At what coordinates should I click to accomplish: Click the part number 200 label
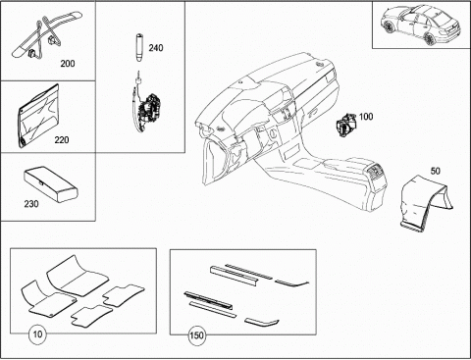68,63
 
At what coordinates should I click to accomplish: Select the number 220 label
62,140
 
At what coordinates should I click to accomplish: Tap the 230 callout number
31,204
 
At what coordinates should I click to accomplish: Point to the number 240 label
156,48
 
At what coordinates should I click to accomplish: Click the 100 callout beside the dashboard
366,117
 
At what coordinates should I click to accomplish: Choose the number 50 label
435,171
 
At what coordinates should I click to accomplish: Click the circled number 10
37,334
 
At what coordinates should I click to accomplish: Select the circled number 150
196,335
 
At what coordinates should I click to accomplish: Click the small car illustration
420,26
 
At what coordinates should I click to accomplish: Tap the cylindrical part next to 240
139,47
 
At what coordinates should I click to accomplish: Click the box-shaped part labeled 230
50,183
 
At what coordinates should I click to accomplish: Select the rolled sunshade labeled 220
38,116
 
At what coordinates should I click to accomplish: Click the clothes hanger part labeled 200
46,36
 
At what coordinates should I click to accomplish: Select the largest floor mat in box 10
77,276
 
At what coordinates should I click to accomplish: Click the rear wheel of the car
431,37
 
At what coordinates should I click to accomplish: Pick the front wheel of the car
389,26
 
